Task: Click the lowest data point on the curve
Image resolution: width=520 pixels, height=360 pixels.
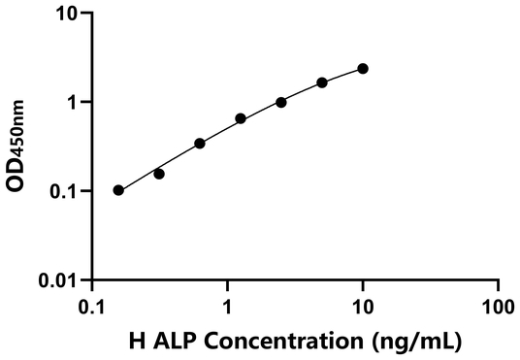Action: point(118,190)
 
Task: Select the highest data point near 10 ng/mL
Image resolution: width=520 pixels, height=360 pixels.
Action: point(363,68)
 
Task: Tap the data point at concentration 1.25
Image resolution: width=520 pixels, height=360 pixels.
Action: point(241,118)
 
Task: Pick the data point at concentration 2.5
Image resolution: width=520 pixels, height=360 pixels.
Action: point(281,102)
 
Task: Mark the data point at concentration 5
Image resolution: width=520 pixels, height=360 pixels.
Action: point(322,82)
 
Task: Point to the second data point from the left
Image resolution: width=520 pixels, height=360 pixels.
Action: point(159,174)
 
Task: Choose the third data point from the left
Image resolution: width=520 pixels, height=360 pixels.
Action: point(200,144)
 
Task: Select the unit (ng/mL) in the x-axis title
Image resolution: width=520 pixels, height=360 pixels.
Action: point(414,341)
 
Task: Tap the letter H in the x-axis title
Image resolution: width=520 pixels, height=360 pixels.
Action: point(136,341)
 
